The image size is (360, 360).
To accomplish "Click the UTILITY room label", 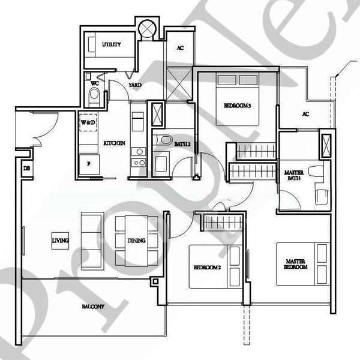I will click(112, 45).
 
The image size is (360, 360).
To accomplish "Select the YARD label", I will click(135, 85).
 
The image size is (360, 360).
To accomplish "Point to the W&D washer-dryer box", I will click(89, 122).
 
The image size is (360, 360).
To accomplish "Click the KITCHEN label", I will click(114, 143).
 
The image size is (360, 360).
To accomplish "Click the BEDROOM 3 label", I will click(237, 105).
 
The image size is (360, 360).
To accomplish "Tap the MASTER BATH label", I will click(294, 175).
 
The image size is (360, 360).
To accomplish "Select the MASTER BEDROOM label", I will click(296, 264).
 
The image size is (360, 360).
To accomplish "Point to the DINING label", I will click(136, 241).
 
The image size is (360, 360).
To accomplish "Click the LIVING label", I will click(60, 241).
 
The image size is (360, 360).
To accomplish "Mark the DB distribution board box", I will click(27, 169).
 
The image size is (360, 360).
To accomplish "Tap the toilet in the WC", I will click(94, 96).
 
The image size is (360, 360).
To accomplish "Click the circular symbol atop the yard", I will click(146, 28).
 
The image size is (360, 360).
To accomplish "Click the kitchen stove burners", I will click(139, 157).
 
